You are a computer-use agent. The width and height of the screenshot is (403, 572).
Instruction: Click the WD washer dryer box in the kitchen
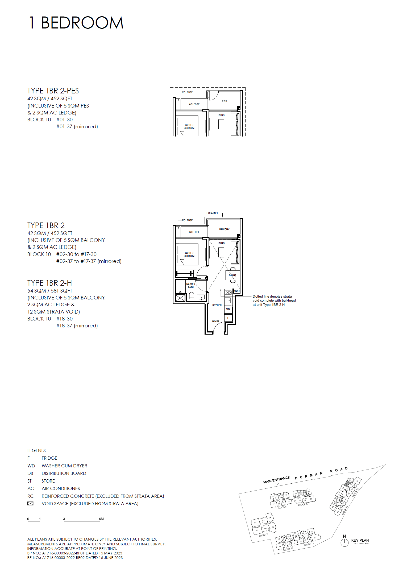pos(228,309)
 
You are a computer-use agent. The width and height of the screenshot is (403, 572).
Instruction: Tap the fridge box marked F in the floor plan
pos(228,318)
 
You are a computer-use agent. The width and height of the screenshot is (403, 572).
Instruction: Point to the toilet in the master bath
pos(191,295)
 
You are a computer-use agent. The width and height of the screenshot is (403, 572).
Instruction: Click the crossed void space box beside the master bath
pos(180,298)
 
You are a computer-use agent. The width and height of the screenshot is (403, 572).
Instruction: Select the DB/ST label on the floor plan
pos(236,291)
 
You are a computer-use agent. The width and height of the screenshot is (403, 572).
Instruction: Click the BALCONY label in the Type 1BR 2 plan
pos(224,229)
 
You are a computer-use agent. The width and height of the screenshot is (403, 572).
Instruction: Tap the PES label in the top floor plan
pos(224,101)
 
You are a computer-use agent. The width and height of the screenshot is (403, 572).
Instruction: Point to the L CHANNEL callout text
pos(212,213)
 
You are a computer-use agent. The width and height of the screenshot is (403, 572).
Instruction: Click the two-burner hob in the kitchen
pos(228,293)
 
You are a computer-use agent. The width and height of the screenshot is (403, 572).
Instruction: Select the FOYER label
pos(216,322)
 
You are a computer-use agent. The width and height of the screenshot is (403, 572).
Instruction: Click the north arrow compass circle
pos(344,542)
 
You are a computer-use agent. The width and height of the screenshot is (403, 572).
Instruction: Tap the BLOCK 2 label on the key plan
pos(263,535)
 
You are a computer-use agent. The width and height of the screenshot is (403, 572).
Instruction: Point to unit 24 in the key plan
pos(311,499)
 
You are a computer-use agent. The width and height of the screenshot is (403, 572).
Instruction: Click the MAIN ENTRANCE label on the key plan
pos(276,480)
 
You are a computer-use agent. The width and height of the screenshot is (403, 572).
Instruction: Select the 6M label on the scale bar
pos(101,519)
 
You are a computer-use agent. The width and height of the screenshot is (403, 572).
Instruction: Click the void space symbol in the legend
pos(30,504)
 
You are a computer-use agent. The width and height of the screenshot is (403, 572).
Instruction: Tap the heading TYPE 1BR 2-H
pos(49,283)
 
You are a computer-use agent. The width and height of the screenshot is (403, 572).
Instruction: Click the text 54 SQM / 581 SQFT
pos(50,291)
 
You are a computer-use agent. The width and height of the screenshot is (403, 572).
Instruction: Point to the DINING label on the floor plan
pos(232,275)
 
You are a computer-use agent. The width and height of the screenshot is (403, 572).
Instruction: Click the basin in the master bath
pos(202,297)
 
